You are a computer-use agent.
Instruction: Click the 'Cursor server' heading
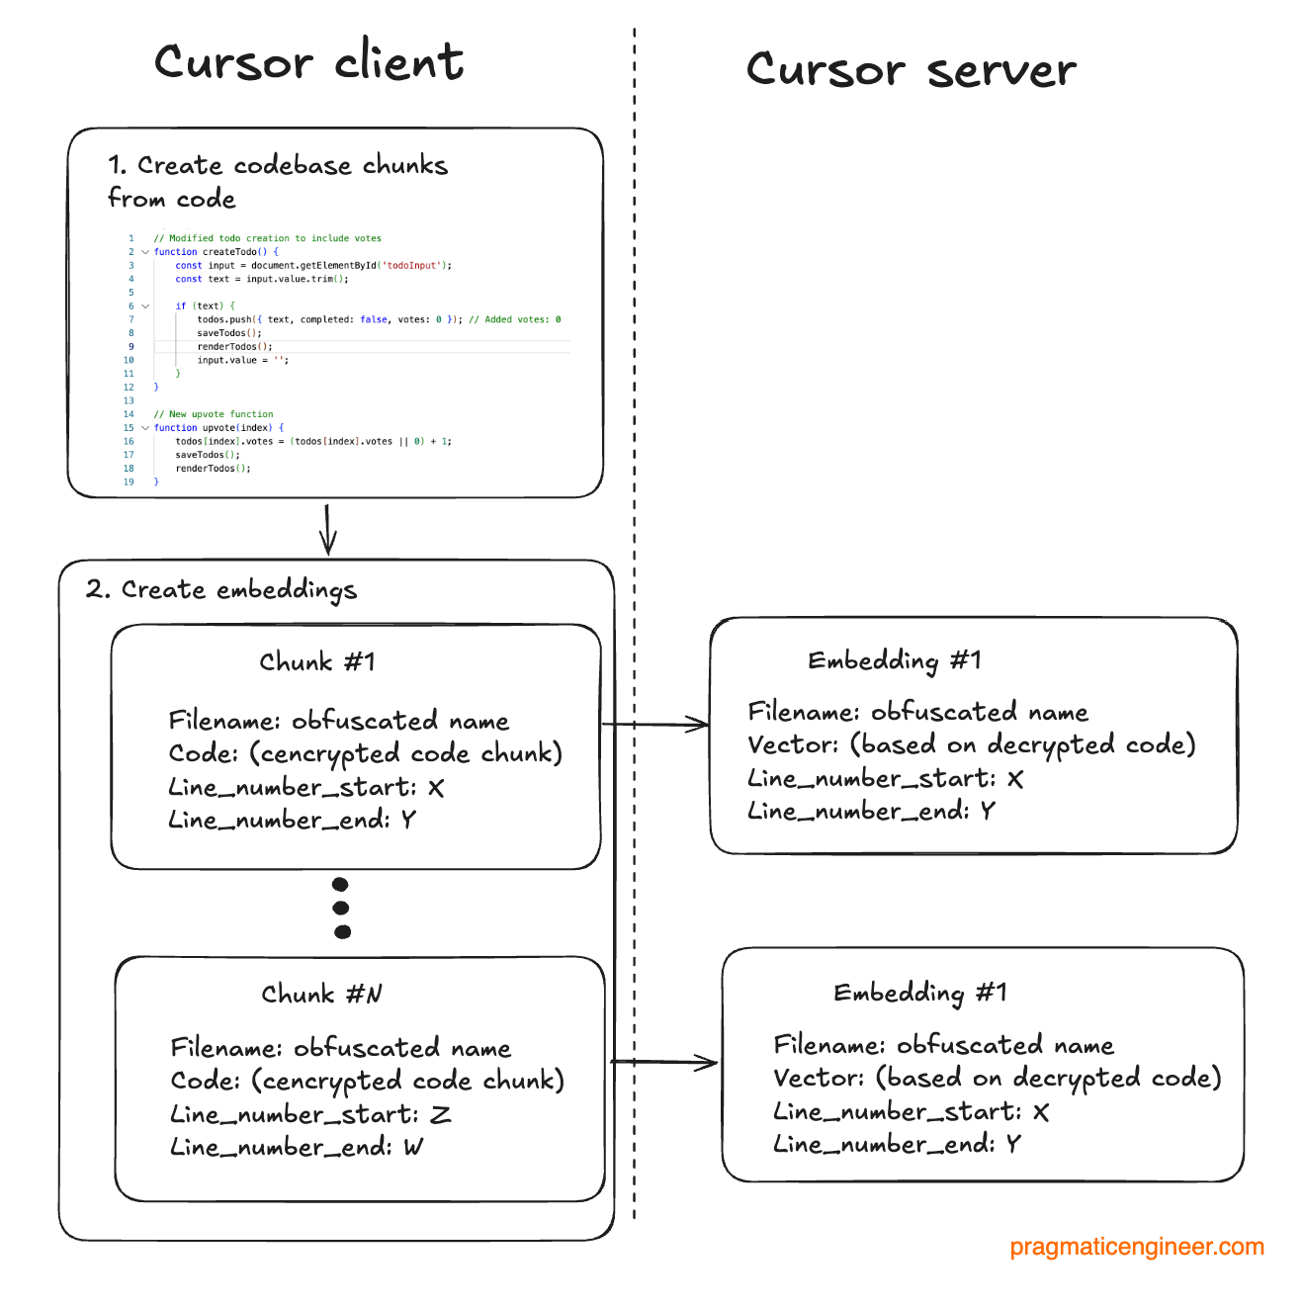click(911, 69)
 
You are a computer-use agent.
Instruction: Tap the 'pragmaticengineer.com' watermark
click(1137, 1247)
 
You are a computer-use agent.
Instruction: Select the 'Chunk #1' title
click(317, 661)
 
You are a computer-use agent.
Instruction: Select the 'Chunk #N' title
click(321, 994)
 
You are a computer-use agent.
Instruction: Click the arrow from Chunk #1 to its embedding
click(655, 725)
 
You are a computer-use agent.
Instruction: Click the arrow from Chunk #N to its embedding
click(663, 1063)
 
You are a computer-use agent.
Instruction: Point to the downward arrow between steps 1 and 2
click(328, 529)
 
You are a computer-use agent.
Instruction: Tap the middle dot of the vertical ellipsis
click(341, 908)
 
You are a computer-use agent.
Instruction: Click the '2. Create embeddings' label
click(220, 590)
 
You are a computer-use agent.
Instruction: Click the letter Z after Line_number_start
click(441, 1115)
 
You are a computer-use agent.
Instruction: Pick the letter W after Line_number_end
click(413, 1148)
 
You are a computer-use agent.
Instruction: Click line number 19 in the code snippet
click(129, 482)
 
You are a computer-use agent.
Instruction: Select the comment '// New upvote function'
click(214, 414)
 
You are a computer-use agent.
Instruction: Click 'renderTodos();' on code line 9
click(234, 347)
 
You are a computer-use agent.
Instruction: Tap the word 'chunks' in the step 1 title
click(405, 165)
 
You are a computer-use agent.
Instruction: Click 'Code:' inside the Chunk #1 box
click(204, 753)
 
